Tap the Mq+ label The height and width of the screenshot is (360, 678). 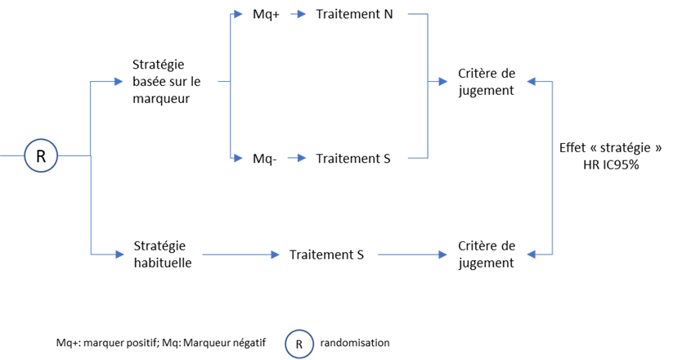(x=266, y=14)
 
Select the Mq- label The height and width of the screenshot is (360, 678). (x=265, y=159)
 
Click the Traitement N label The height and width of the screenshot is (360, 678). (x=354, y=14)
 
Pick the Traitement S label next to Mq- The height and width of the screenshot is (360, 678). (x=352, y=159)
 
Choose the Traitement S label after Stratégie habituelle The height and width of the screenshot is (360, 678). (x=326, y=254)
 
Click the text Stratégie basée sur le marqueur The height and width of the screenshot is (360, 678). (x=167, y=81)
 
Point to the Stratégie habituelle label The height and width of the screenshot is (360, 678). (x=163, y=254)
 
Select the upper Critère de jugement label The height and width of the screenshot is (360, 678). (x=487, y=82)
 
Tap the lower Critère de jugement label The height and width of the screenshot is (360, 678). (x=487, y=254)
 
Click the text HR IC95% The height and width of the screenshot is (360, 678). (x=611, y=164)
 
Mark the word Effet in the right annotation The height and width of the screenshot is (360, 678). (x=572, y=147)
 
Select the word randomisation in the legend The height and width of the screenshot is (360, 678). (x=355, y=343)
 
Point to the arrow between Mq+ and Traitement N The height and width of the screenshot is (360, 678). (x=298, y=14)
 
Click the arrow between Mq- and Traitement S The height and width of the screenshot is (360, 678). (x=297, y=159)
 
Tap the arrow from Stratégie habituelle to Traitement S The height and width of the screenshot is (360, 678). (x=240, y=254)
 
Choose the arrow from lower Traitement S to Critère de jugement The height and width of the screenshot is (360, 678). (x=412, y=254)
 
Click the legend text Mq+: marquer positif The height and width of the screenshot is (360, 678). (x=107, y=343)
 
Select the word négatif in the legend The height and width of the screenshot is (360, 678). (x=249, y=343)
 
